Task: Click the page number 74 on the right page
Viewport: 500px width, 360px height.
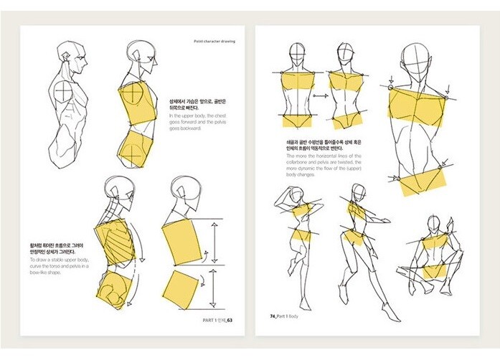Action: pyautogui.click(x=273, y=316)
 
